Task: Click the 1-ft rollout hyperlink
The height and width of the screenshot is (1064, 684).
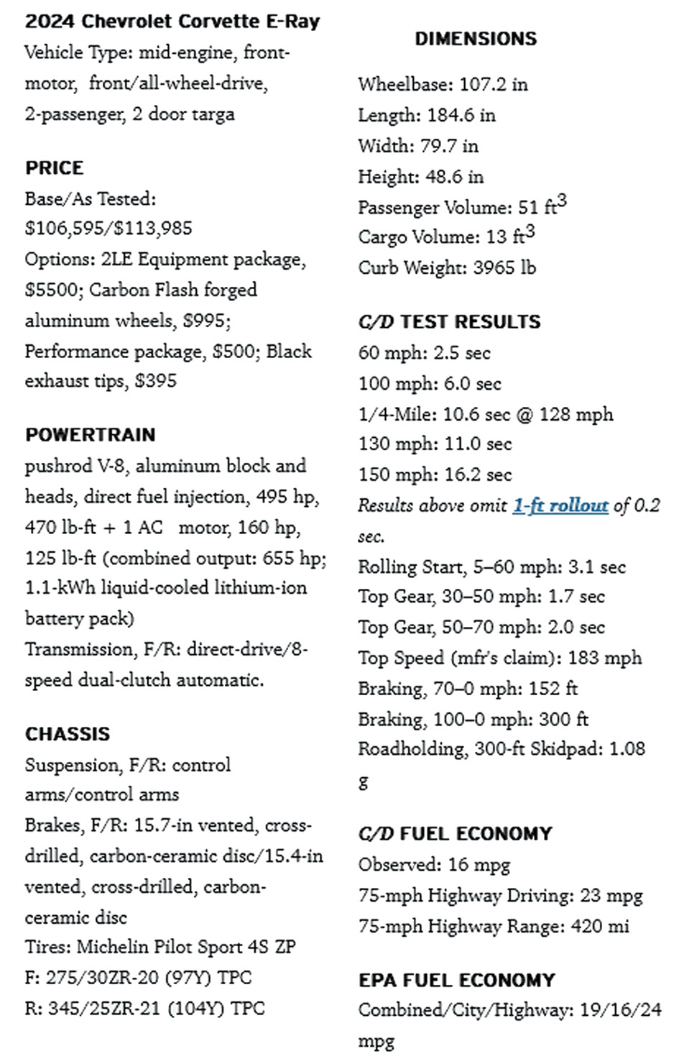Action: click(x=560, y=505)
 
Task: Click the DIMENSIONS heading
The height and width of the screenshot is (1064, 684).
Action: click(x=476, y=39)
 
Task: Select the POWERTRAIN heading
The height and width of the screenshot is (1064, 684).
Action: click(x=91, y=435)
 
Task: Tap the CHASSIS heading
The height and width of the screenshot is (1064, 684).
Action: click(x=68, y=734)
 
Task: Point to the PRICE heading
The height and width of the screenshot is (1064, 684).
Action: click(x=55, y=168)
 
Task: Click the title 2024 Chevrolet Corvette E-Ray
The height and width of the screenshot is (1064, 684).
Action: click(x=172, y=22)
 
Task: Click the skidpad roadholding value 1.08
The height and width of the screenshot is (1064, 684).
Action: click(x=627, y=749)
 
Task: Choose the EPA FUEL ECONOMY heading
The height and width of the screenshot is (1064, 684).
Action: click(x=457, y=981)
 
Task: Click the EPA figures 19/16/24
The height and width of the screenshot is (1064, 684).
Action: click(x=620, y=1010)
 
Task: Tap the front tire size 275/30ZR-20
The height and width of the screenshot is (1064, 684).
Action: click(x=103, y=978)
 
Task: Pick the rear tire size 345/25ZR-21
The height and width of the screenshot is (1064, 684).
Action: click(x=104, y=1009)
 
